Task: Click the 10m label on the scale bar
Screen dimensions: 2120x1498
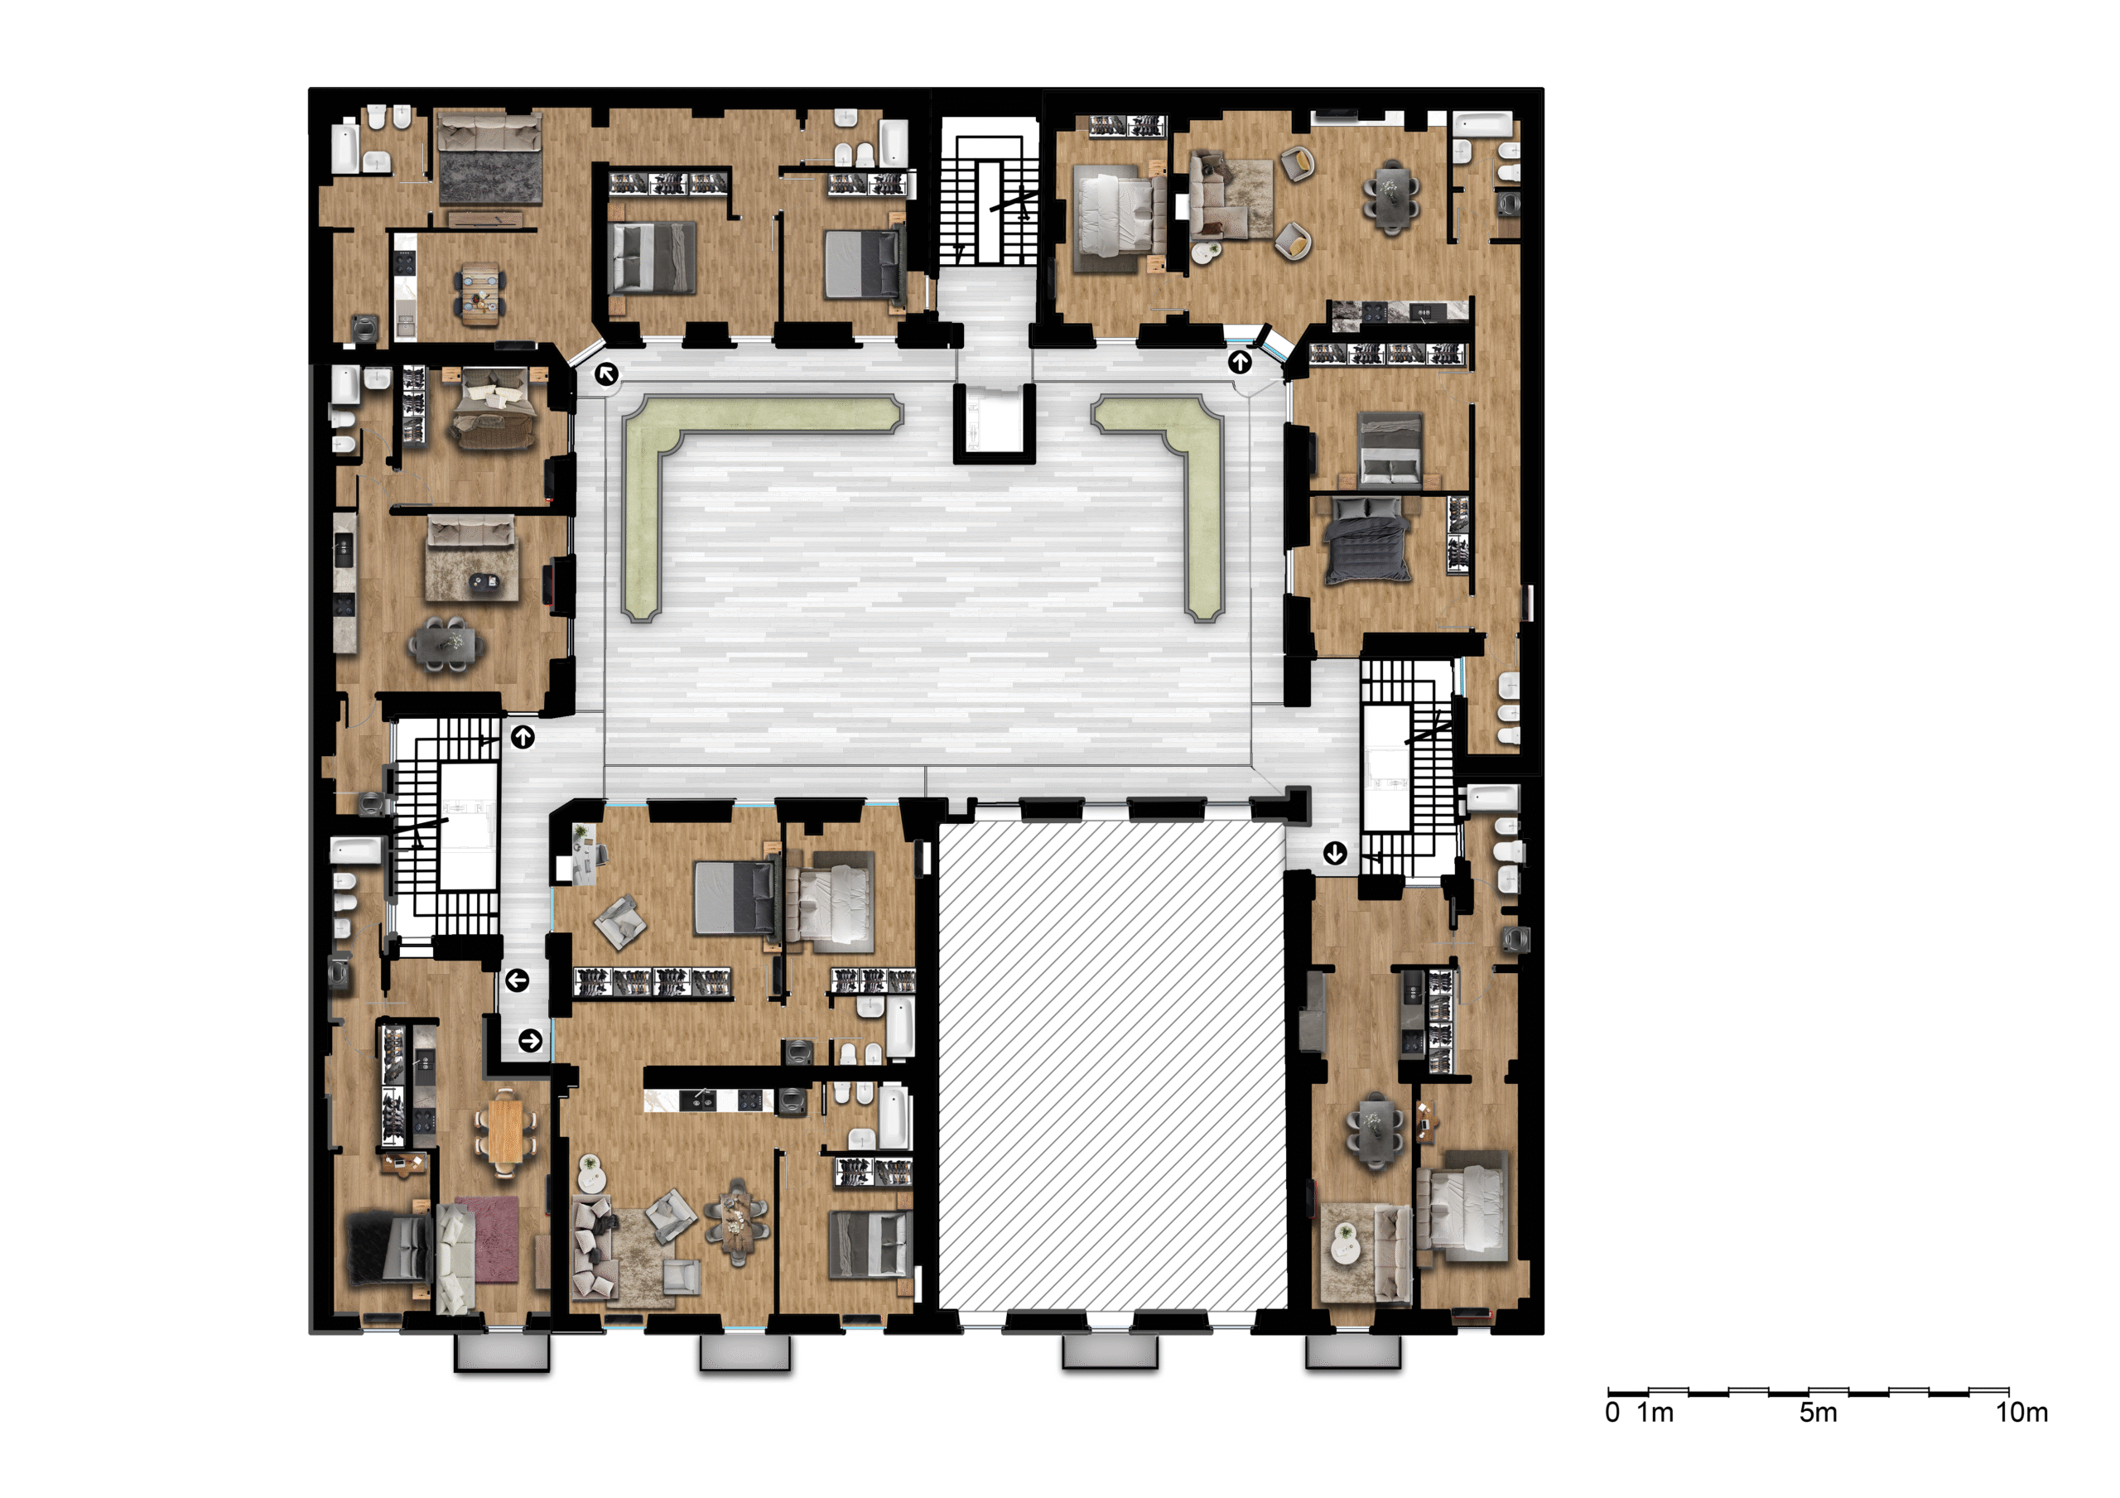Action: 2021,1412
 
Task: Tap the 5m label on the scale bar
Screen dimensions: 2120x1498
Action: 1817,1412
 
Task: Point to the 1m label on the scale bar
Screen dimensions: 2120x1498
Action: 1655,1412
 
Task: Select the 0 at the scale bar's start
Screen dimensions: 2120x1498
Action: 1612,1412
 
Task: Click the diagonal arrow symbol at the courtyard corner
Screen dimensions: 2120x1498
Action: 607,374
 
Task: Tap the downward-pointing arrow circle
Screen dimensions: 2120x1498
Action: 1335,854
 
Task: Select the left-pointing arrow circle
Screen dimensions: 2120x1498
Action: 517,980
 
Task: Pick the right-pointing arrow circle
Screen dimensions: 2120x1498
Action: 530,1041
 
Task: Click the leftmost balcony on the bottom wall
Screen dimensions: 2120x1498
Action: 503,1352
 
